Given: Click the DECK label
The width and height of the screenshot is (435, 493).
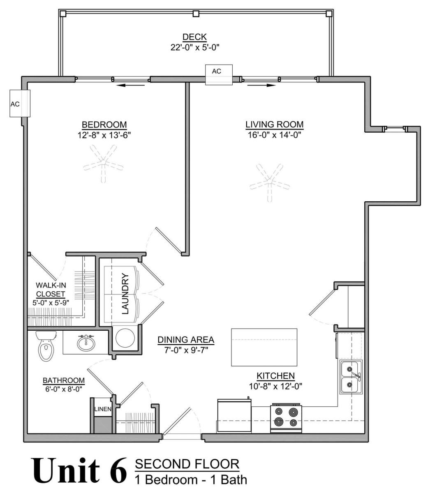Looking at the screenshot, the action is tap(194, 37).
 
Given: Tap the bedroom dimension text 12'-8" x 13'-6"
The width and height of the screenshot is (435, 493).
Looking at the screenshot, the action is tap(104, 135).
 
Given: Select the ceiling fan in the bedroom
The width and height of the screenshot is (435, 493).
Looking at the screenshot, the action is tap(103, 163).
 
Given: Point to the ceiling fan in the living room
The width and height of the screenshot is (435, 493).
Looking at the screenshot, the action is tap(270, 182).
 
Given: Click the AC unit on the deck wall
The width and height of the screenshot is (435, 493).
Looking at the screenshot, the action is tap(219, 75).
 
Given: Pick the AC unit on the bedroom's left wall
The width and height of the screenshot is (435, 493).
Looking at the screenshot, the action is tap(20, 104).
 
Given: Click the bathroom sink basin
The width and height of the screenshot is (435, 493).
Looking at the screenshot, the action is tap(86, 343).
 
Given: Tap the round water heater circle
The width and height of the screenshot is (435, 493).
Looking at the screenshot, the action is tap(125, 338).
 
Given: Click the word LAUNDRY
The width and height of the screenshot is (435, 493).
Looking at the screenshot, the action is tap(125, 293).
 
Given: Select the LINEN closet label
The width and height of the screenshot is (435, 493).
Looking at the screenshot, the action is tap(103, 409).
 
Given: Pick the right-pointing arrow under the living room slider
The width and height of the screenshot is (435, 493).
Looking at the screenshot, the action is tap(261, 85).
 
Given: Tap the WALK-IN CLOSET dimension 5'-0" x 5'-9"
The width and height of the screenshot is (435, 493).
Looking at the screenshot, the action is tap(51, 303).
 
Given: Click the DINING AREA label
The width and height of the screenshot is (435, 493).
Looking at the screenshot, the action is tap(186, 339).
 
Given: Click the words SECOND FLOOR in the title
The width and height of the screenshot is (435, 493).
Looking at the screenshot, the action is tap(187, 464).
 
